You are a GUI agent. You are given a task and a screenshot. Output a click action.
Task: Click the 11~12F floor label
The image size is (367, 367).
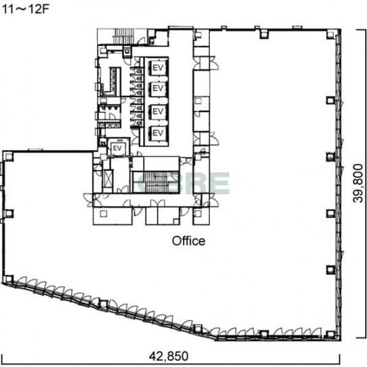pyautogui.click(x=25, y=9)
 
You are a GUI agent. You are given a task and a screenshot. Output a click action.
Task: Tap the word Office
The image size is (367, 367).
pyautogui.click(x=189, y=241)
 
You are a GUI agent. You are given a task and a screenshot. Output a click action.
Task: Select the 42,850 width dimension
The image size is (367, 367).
pyautogui.click(x=169, y=356)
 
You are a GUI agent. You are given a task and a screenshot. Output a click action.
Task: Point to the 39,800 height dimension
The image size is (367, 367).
pyautogui.click(x=358, y=183)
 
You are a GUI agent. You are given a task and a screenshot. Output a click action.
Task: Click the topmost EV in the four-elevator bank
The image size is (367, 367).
pyautogui.click(x=158, y=68)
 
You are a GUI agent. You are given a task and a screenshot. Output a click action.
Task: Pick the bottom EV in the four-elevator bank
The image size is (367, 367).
pyautogui.click(x=158, y=133)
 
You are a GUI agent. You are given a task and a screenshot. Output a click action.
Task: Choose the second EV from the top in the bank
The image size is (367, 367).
pyautogui.click(x=158, y=88)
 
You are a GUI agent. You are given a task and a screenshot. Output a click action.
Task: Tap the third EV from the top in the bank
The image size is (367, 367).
pyautogui.click(x=158, y=111)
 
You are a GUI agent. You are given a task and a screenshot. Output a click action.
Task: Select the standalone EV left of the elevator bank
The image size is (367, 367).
pyautogui.click(x=117, y=148)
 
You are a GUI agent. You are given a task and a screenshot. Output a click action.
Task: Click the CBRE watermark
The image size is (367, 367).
pyautogui.click(x=183, y=183)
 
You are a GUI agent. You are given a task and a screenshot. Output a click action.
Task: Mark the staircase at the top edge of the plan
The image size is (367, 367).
pyautogui.click(x=123, y=36)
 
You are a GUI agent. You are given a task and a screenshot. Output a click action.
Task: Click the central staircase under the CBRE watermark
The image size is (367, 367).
pyautogui.click(x=156, y=182)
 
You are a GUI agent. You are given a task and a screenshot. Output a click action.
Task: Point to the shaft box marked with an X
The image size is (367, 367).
pyautogui.click(x=108, y=179)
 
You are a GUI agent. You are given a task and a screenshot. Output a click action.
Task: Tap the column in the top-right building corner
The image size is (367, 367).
pyautogui.click(x=331, y=34)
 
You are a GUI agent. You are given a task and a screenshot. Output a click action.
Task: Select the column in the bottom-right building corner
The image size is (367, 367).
pyautogui.click(x=331, y=335)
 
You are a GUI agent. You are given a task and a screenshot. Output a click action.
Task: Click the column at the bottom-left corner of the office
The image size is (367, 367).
pyautogui.click(x=8, y=279)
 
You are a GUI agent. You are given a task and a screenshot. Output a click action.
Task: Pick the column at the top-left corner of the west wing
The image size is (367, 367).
pyautogui.click(x=9, y=157)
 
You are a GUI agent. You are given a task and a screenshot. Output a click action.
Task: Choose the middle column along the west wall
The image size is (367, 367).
pyautogui.click(x=9, y=213)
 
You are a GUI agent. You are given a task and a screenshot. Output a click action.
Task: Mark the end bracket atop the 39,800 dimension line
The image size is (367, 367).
pyautogui.click(x=361, y=30)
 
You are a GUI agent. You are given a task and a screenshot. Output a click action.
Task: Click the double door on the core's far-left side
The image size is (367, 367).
pyautogui.click(x=89, y=200)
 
